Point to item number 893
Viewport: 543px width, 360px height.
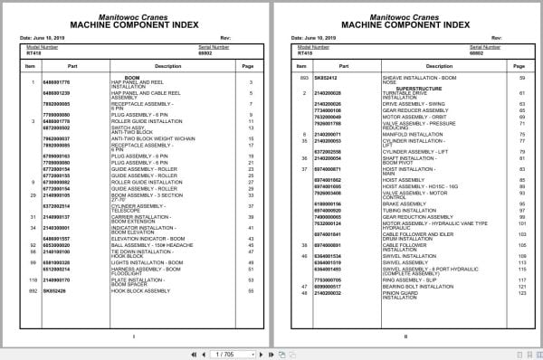[x=302, y=79]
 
